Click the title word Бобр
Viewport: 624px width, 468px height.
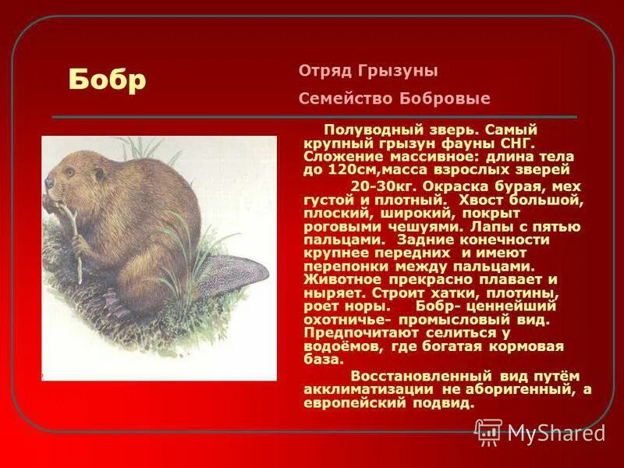coord(107,79)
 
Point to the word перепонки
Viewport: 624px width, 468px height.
coord(340,266)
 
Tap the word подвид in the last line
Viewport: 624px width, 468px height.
coord(445,403)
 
